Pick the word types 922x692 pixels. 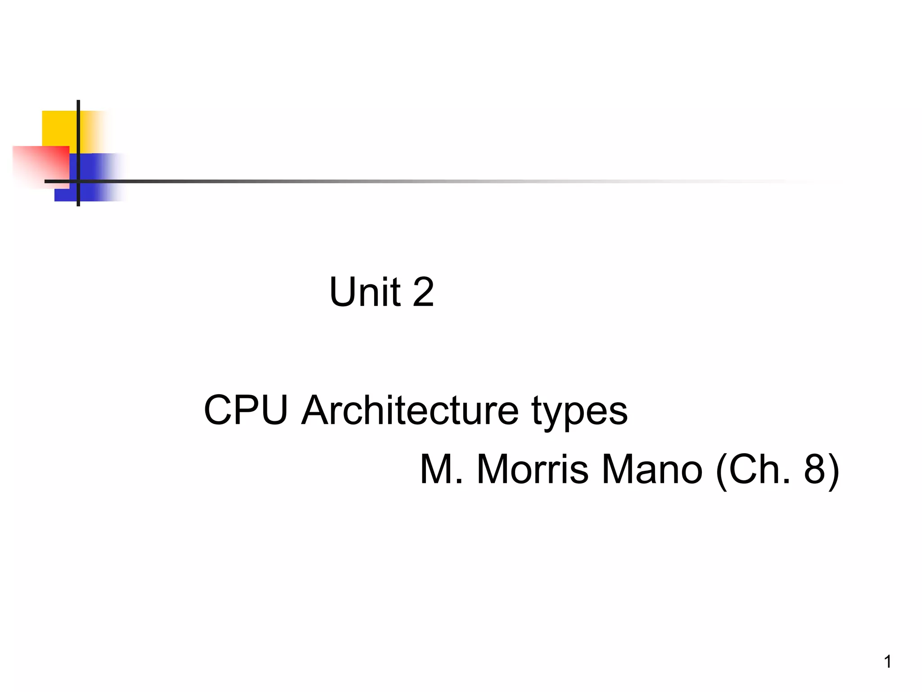(579, 412)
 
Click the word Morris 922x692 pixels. (533, 469)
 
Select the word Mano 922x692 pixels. (651, 469)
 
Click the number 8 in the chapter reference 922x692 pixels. (814, 469)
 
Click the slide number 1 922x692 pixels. (888, 662)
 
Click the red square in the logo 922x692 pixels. (38, 164)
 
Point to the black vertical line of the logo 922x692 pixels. (78, 135)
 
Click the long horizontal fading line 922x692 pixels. (405, 181)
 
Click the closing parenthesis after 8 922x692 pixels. (833, 470)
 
